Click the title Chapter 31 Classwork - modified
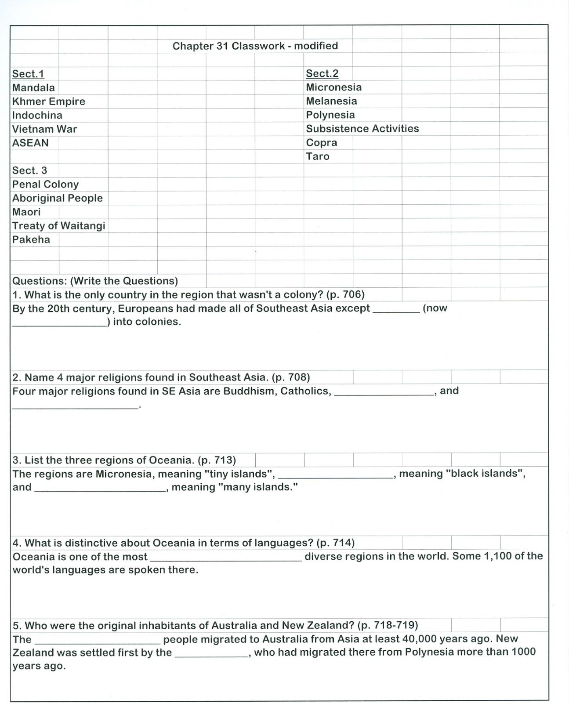click(255, 46)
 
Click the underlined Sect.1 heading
click(28, 74)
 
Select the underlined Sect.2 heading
click(322, 73)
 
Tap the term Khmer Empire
click(48, 101)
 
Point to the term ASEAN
click(30, 143)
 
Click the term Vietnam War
click(44, 129)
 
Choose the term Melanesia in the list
click(331, 101)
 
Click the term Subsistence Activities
click(362, 129)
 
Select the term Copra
click(321, 143)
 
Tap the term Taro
click(317, 156)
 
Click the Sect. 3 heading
click(29, 170)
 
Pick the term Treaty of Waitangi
click(58, 226)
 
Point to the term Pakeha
click(31, 239)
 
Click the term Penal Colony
click(45, 185)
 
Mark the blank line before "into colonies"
click(59, 325)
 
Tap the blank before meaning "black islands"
click(336, 477)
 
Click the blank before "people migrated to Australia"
click(97, 642)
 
